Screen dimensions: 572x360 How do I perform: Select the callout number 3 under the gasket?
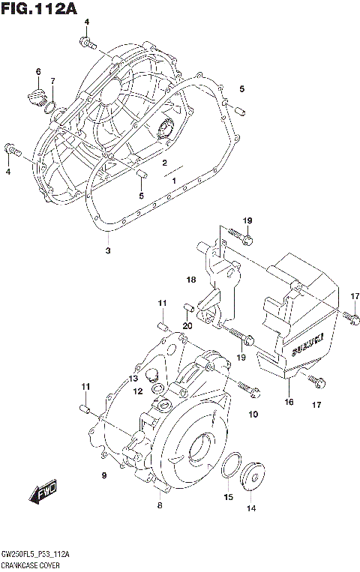click(107, 250)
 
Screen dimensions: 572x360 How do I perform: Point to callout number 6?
click(37, 72)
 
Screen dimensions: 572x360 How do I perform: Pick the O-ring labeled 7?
click(50, 109)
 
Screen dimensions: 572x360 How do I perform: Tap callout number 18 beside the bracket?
click(190, 280)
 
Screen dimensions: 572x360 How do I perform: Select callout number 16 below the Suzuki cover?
click(289, 402)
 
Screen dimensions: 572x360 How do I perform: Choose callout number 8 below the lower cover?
click(159, 506)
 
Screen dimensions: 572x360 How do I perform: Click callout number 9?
click(104, 476)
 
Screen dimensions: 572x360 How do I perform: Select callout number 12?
click(138, 391)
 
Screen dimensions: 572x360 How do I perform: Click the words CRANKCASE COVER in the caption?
click(30, 563)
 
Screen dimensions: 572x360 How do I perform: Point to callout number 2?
click(163, 163)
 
